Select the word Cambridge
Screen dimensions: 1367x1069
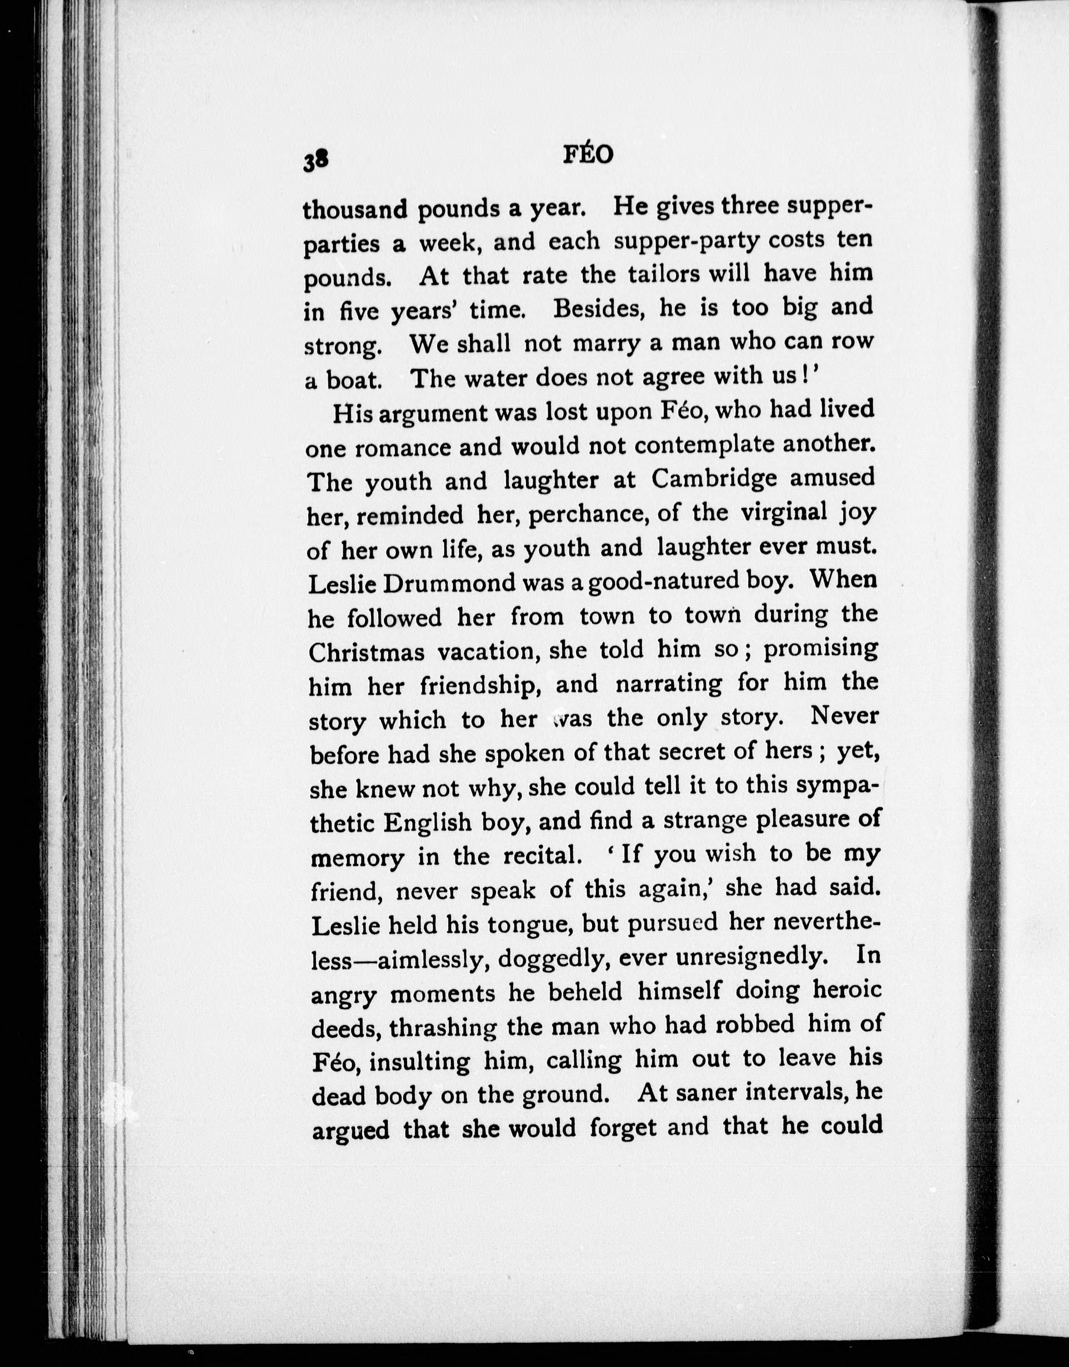click(714, 479)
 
